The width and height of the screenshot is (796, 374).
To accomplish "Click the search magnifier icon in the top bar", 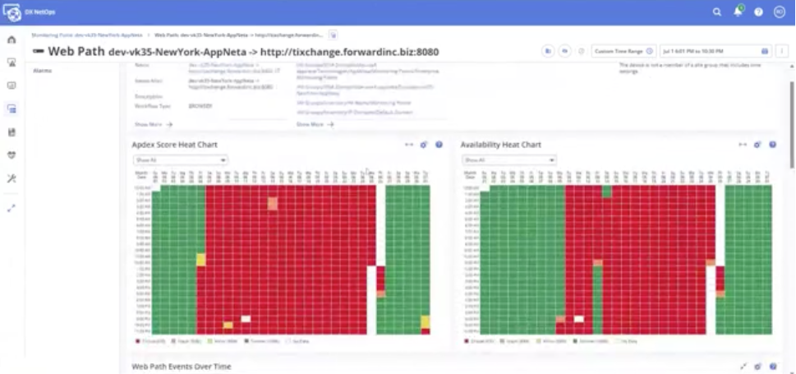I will point(717,12).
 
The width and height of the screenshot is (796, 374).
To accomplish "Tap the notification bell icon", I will point(738,12).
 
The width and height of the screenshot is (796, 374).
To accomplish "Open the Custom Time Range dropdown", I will point(623,51).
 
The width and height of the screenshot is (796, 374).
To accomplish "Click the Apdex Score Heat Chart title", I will point(174,145).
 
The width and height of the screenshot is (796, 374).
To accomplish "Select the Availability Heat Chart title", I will point(500,145).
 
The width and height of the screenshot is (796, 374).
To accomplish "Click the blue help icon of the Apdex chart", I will point(439,145).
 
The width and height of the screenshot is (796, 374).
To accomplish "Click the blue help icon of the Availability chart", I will point(772,145).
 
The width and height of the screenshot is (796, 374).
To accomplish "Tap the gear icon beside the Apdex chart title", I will point(424,145).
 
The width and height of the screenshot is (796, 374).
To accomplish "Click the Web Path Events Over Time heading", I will point(182,366).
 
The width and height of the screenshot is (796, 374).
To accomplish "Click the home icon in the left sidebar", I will point(12,39).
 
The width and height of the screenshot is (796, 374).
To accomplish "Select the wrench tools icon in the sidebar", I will point(12,178).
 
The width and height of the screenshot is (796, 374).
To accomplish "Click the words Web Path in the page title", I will point(76,52).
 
